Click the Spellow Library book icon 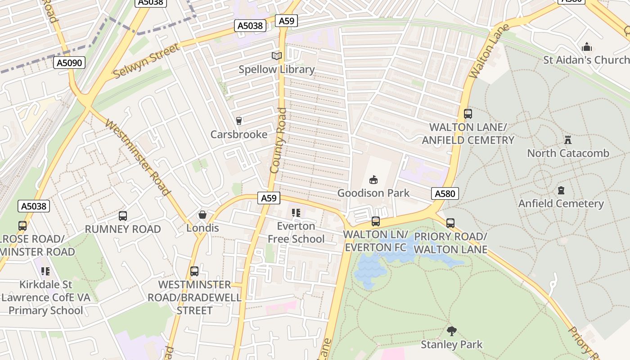click(x=276, y=56)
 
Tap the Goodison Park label click(x=373, y=193)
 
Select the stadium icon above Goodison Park click(x=373, y=180)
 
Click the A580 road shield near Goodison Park click(x=445, y=193)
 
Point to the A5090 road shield click(x=70, y=63)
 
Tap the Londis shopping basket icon click(x=202, y=215)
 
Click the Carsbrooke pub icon click(x=239, y=121)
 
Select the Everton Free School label click(x=296, y=233)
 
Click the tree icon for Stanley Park click(x=451, y=332)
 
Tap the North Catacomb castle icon click(x=567, y=140)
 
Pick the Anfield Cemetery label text click(x=561, y=204)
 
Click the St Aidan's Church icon click(x=586, y=47)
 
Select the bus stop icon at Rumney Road click(x=123, y=216)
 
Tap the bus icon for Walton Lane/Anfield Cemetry click(x=468, y=114)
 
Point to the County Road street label click(x=278, y=140)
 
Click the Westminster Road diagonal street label click(x=138, y=157)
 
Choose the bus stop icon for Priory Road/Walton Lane click(x=450, y=223)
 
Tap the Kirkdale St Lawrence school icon click(x=45, y=271)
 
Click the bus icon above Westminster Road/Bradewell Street click(x=194, y=271)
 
